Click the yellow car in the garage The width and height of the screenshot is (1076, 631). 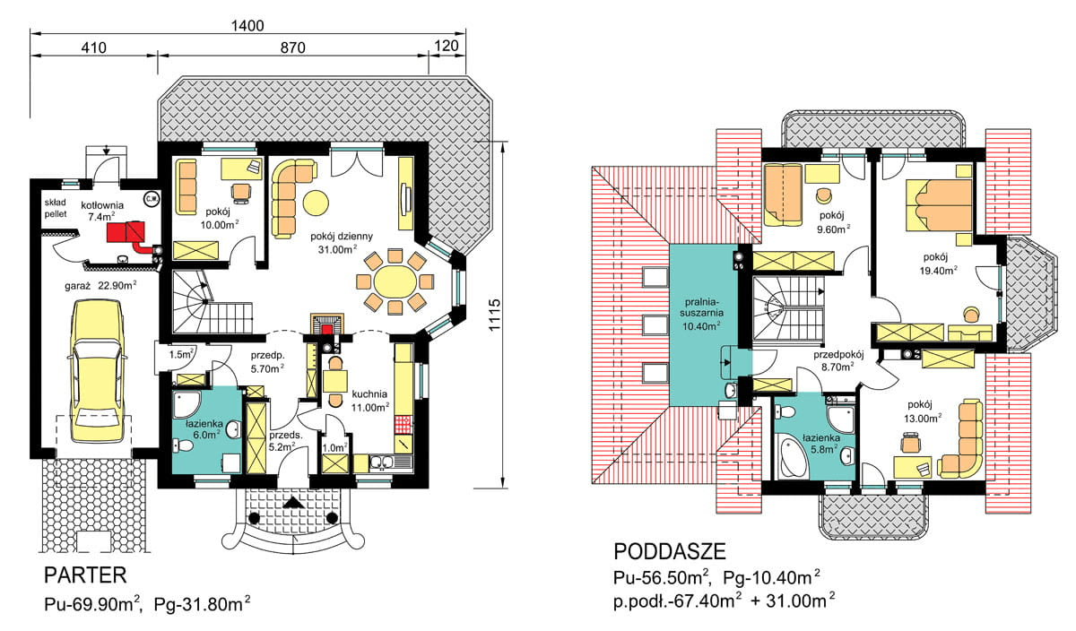[x=98, y=371]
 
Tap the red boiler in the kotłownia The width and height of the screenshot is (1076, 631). [x=126, y=231]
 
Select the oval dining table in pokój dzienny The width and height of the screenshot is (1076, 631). [x=395, y=281]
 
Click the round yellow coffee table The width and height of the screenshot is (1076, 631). [x=316, y=203]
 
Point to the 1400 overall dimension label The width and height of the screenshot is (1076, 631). [x=247, y=25]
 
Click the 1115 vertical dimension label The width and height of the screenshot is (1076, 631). [x=494, y=315]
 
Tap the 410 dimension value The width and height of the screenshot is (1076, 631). [x=93, y=48]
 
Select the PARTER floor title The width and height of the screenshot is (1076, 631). [x=85, y=575]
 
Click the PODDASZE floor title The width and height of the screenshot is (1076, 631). [x=670, y=552]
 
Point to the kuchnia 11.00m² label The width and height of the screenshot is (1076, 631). [x=369, y=401]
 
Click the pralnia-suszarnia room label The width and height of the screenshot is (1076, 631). [x=701, y=307]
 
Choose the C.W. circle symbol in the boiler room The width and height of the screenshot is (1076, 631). [x=152, y=199]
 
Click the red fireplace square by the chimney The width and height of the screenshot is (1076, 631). [x=327, y=329]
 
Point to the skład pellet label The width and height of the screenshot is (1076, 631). [x=56, y=208]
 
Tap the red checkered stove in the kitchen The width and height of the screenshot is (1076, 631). [x=403, y=425]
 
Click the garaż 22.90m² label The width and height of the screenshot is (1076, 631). [x=100, y=286]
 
